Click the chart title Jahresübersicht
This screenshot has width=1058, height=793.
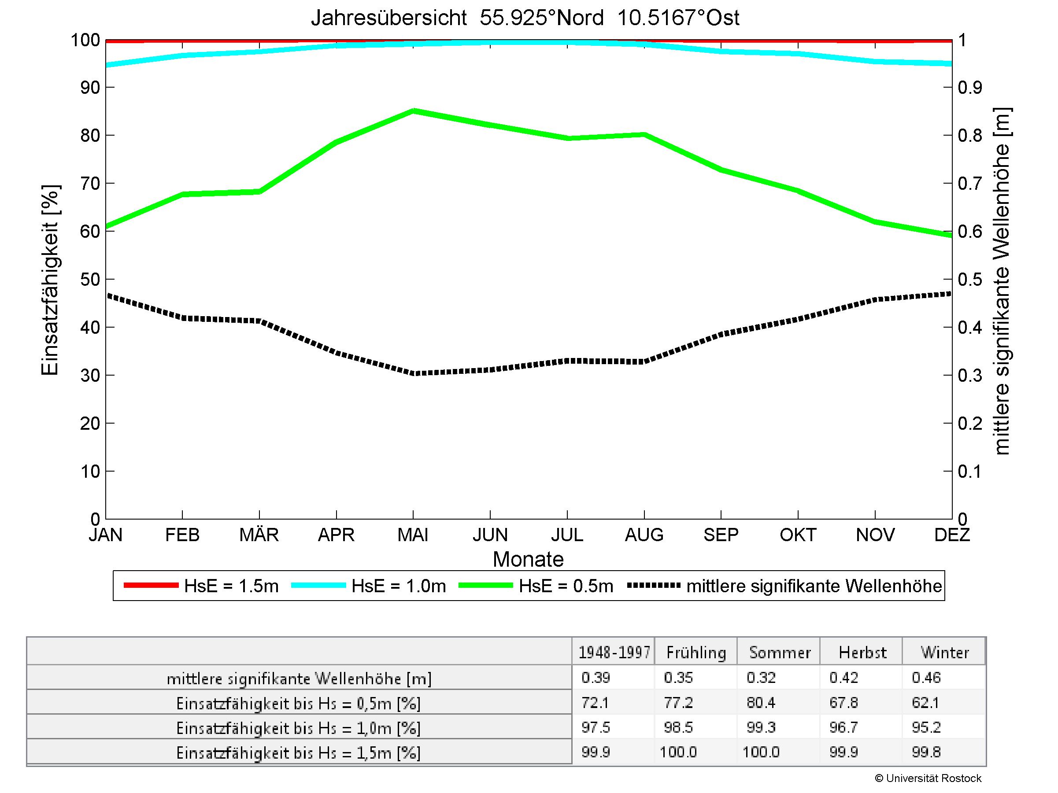525,18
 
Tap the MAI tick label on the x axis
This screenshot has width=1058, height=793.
413,535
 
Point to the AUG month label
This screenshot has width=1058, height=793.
644,535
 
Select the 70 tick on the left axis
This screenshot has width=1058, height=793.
90,183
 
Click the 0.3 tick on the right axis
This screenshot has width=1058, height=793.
969,375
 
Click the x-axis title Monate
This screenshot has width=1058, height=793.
528,559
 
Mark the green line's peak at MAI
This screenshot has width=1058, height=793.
413,111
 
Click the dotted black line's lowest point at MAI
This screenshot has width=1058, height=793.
413,373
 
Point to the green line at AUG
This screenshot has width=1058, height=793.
644,134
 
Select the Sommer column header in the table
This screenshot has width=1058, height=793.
780,653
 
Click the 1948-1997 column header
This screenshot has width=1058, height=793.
614,653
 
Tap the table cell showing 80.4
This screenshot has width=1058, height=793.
761,703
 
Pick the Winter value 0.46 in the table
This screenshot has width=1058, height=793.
926,677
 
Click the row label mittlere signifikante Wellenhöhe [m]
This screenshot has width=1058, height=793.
299,679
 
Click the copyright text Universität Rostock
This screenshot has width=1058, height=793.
928,778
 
